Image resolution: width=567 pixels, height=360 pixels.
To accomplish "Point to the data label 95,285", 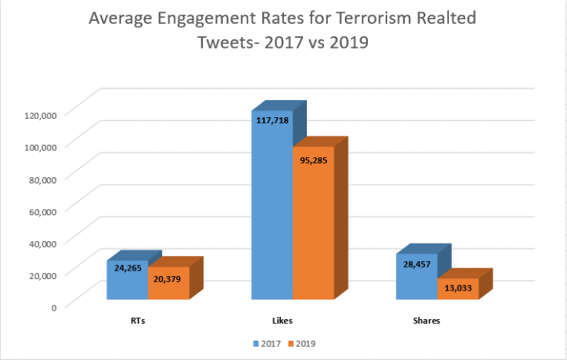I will click(313, 163).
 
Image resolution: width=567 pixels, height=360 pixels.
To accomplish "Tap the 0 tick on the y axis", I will click(53, 308).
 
